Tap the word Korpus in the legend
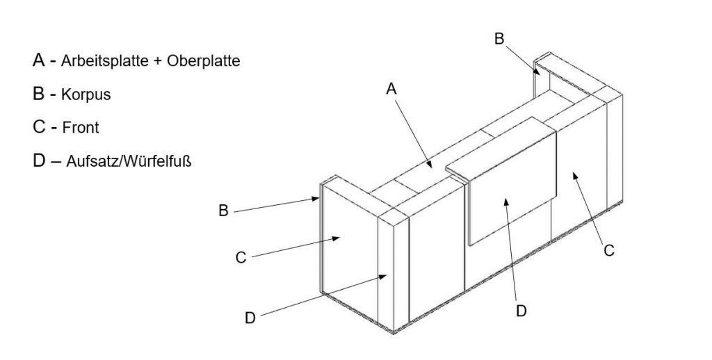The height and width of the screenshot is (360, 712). pyautogui.click(x=86, y=95)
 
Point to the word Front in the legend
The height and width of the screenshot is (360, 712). pyautogui.click(x=81, y=128)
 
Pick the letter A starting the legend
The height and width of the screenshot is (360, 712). pyautogui.click(x=39, y=60)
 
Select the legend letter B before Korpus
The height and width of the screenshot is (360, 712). pyautogui.click(x=39, y=94)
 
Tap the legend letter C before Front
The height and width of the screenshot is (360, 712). pyautogui.click(x=39, y=127)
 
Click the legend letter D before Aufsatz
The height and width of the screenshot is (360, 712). pyautogui.click(x=39, y=161)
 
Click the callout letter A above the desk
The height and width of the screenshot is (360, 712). pyautogui.click(x=391, y=88)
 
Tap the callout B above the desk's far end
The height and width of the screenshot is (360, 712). pyautogui.click(x=499, y=39)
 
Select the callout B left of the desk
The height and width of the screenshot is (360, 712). pyautogui.click(x=223, y=210)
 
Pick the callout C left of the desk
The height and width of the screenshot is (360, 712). pyautogui.click(x=241, y=257)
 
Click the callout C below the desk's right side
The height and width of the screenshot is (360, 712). pyautogui.click(x=609, y=250)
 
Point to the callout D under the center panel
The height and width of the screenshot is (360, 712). pyautogui.click(x=521, y=310)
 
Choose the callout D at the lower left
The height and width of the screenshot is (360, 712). pyautogui.click(x=251, y=318)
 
